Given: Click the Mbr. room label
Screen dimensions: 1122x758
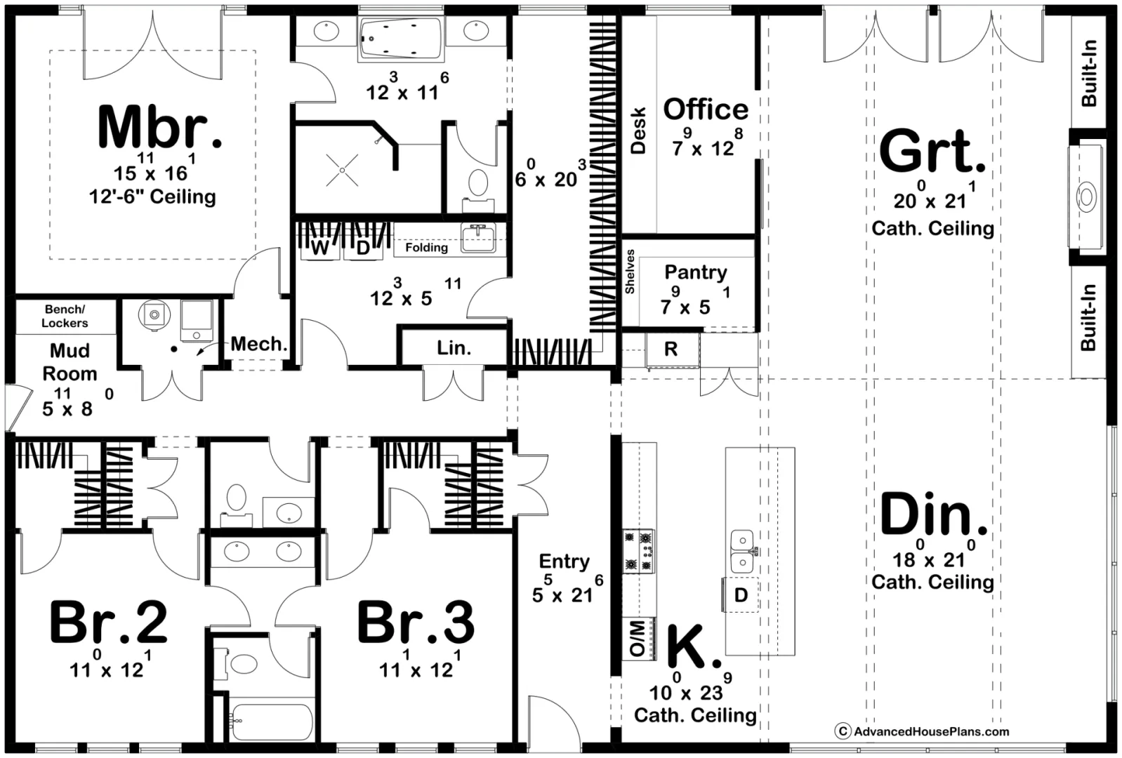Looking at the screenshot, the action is click(x=160, y=127).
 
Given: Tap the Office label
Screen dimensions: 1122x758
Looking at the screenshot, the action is click(x=706, y=109).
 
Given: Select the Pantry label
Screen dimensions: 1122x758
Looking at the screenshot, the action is click(x=696, y=273).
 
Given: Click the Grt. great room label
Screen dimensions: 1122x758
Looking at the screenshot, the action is click(x=932, y=151).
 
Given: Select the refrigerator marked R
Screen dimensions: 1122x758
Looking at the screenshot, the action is click(x=671, y=349).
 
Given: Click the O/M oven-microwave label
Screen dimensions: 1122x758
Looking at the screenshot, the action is click(x=637, y=639).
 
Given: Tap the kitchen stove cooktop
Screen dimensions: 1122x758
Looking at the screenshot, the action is click(x=639, y=551).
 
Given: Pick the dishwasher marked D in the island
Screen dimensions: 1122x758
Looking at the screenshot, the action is click(x=741, y=594).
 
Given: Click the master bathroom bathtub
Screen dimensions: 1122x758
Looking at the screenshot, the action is click(x=401, y=39).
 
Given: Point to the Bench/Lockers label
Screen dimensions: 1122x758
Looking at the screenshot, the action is click(x=65, y=317).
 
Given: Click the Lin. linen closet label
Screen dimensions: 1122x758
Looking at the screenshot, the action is click(x=454, y=347).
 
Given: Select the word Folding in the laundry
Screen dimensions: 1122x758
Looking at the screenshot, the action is click(x=426, y=248).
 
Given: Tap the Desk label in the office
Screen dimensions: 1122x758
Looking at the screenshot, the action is click(x=638, y=130).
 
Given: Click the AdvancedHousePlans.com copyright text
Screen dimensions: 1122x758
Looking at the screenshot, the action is click(x=922, y=731).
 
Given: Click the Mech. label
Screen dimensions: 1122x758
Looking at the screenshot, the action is click(x=258, y=344).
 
